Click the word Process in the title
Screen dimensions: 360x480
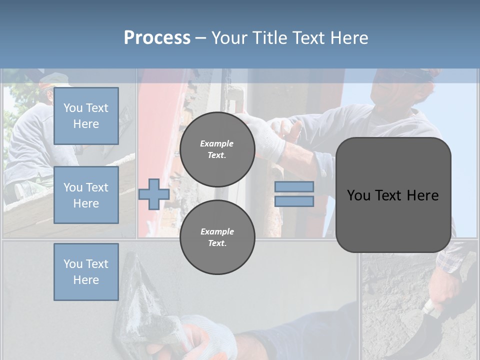click(x=157, y=38)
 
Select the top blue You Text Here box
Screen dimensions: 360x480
click(x=86, y=116)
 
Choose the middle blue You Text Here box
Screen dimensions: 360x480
click(x=86, y=195)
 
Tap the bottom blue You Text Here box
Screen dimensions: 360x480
click(x=86, y=271)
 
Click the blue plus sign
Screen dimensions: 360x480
click(x=153, y=194)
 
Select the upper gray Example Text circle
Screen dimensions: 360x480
click(x=217, y=149)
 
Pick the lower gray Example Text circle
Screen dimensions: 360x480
click(x=217, y=237)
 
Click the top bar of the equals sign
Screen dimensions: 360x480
click(x=294, y=186)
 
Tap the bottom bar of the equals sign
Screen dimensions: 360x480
click(x=294, y=201)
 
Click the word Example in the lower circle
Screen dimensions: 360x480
click(x=217, y=231)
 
